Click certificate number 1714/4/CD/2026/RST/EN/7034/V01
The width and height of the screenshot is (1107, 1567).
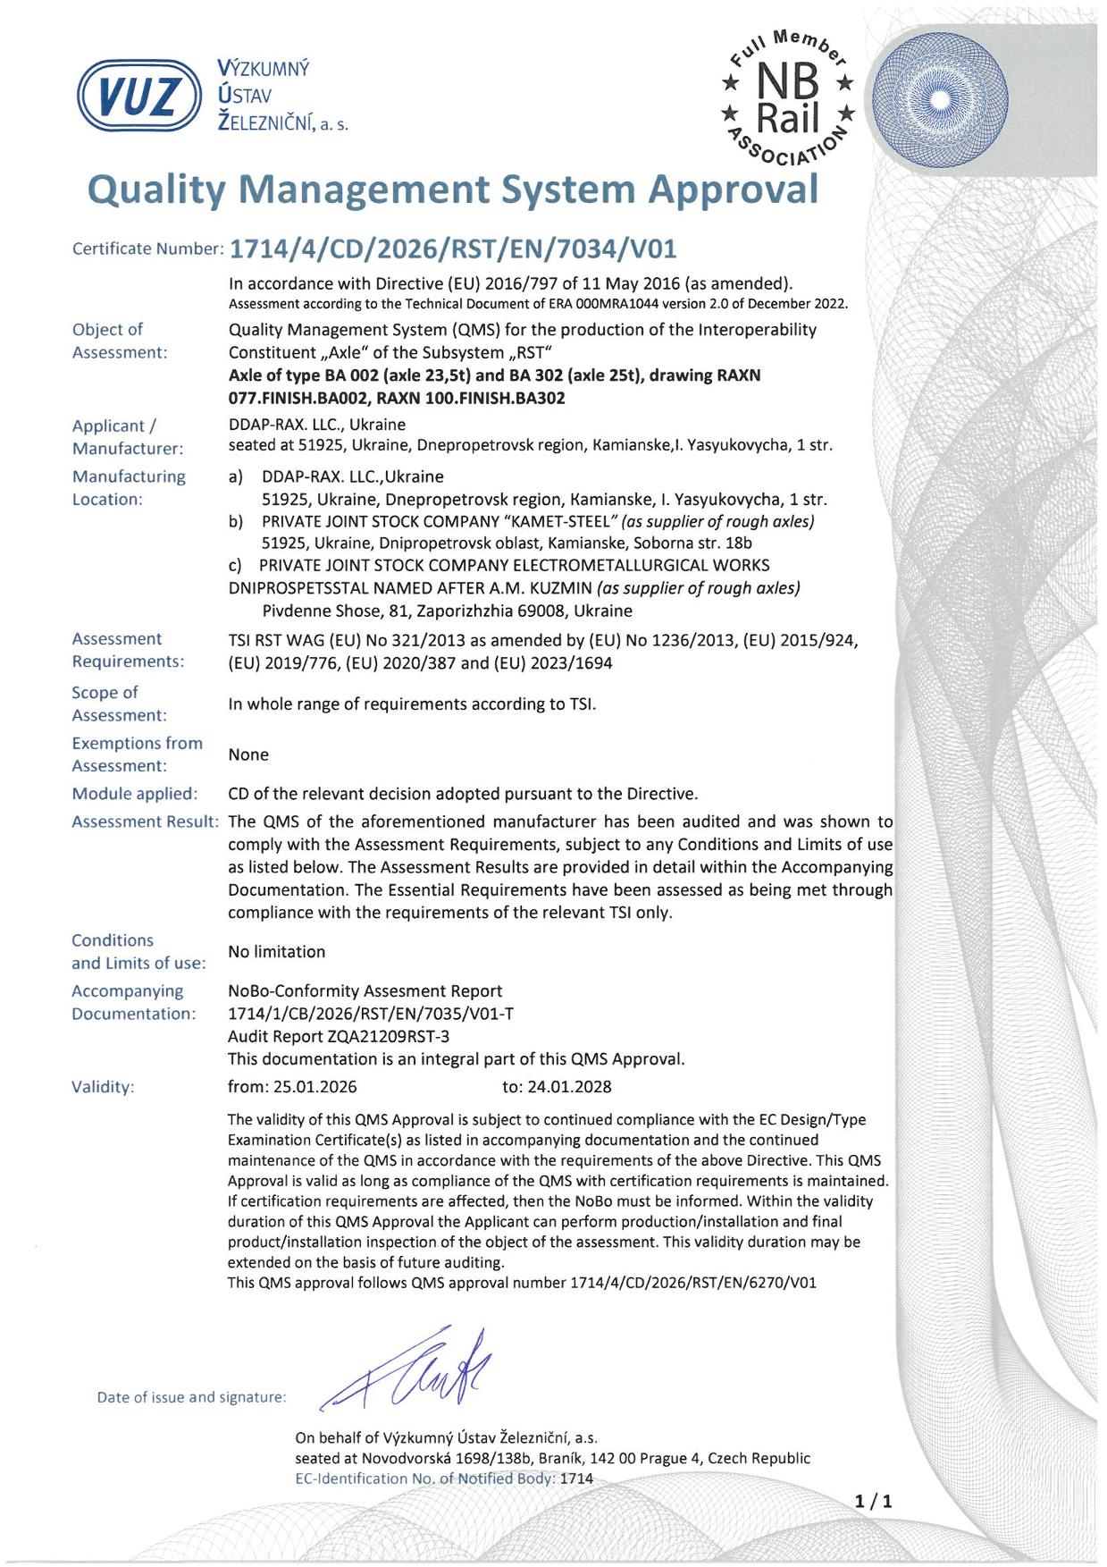460,248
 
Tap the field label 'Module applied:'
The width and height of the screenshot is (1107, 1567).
134,794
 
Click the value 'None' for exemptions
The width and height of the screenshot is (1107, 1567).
248,754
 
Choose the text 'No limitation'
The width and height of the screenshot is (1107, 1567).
276,952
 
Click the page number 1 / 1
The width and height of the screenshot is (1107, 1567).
873,1501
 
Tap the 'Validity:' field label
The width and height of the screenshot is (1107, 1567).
103,1087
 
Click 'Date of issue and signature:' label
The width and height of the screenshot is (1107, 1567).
191,1397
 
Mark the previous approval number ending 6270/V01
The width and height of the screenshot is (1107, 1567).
692,1283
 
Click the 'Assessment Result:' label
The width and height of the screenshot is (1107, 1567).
145,821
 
